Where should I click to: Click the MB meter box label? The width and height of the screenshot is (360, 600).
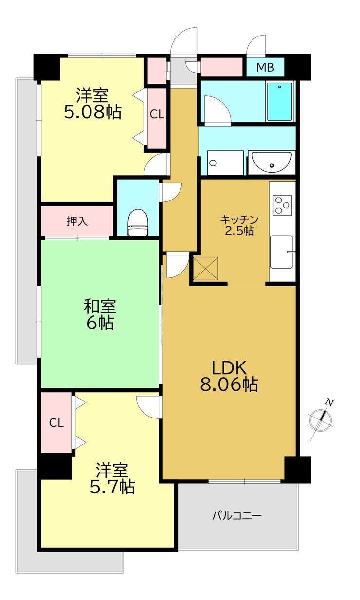(x=265, y=67)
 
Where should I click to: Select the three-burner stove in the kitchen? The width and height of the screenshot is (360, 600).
(x=282, y=205)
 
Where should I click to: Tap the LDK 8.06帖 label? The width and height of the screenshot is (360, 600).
(x=229, y=376)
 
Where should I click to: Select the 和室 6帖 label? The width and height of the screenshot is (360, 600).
(x=100, y=315)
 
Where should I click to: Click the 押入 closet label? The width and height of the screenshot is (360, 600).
(x=77, y=221)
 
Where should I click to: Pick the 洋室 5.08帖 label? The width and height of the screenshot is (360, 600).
(x=92, y=104)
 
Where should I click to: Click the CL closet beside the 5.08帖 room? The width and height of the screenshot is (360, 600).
(x=157, y=115)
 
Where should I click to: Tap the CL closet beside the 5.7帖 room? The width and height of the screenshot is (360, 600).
(x=56, y=423)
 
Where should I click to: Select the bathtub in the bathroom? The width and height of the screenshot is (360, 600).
(x=279, y=101)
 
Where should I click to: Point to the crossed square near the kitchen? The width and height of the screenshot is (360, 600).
(x=205, y=269)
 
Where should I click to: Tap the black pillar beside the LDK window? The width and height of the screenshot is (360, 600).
(x=297, y=470)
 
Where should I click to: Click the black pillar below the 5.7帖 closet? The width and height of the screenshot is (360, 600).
(x=54, y=467)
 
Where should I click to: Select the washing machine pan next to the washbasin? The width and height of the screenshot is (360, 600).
(x=225, y=163)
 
